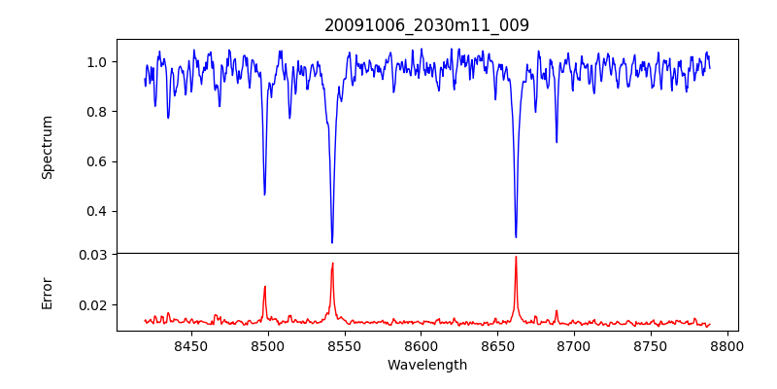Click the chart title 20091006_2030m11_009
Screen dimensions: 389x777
point(426,25)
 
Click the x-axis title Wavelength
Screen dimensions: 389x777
point(426,366)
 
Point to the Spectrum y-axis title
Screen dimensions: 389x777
point(47,147)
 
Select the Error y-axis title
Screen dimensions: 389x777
point(47,293)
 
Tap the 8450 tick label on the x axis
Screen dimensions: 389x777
point(190,346)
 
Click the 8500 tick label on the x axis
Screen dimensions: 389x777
point(267,346)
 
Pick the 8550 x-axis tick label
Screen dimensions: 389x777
point(344,346)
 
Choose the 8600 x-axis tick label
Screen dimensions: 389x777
point(421,346)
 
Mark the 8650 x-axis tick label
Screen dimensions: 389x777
point(497,346)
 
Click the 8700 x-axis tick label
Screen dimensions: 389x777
point(574,346)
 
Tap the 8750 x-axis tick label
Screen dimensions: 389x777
point(651,346)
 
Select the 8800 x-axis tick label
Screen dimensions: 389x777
point(727,346)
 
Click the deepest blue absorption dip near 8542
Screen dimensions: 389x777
point(332,242)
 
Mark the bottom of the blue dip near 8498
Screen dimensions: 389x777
point(264,194)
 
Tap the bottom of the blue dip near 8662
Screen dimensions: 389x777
point(516,236)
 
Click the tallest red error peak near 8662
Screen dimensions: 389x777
point(516,258)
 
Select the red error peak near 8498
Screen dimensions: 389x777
point(264,287)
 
